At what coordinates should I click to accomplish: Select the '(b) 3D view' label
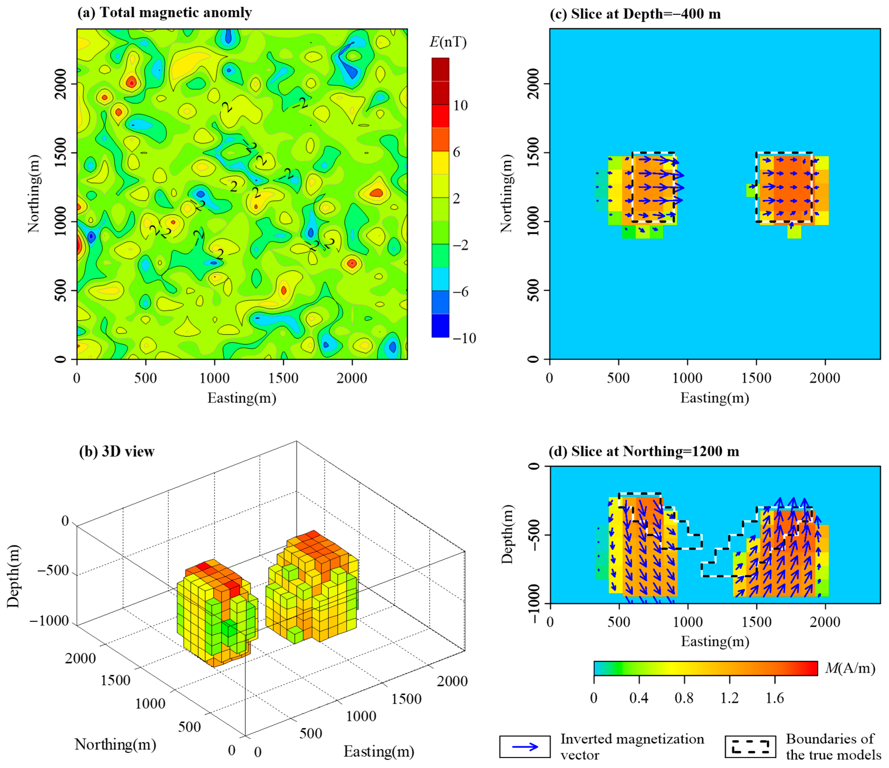117,452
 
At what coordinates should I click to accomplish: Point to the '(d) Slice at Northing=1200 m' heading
644,452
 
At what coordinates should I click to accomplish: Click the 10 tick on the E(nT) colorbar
460,105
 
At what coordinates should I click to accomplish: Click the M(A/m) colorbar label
850,668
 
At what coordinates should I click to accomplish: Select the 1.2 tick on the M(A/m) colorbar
729,698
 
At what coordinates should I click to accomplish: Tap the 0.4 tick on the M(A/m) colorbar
639,698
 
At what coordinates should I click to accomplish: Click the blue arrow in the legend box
525,747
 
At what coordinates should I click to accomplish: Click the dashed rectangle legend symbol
750,747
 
